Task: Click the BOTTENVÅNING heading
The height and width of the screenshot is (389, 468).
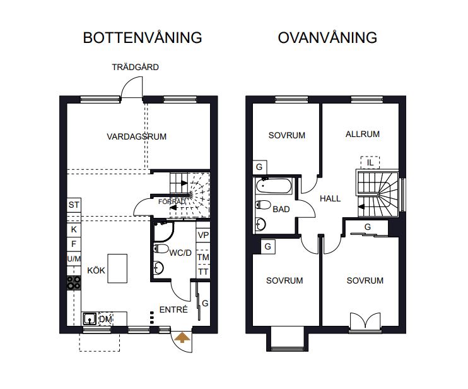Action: [x=143, y=37]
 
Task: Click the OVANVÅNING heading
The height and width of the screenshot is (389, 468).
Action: [x=327, y=38]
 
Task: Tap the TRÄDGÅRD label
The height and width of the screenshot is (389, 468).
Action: [x=135, y=67]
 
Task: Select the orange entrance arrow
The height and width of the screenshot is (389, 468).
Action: [x=182, y=337]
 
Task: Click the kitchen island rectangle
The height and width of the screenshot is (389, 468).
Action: [x=117, y=268]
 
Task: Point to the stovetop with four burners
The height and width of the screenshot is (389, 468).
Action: [x=74, y=283]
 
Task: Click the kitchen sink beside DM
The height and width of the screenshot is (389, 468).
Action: [x=89, y=319]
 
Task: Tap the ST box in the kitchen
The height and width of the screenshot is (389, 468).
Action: [x=74, y=205]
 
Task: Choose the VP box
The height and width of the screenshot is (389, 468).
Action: [x=203, y=235]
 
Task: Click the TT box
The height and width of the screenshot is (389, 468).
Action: [x=203, y=272]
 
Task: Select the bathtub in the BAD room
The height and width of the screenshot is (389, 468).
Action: [x=274, y=186]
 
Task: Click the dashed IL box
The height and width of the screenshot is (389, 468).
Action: [x=370, y=162]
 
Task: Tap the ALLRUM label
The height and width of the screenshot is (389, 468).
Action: [x=363, y=134]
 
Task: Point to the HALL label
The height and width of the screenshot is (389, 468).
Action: [x=330, y=198]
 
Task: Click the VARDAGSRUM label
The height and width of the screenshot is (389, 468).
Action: [x=137, y=136]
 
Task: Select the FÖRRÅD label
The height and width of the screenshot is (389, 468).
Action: [x=172, y=201]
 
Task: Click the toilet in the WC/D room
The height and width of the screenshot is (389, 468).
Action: [x=161, y=249]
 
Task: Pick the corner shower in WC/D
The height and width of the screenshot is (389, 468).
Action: [x=163, y=232]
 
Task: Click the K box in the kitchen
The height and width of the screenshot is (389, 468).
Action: [x=74, y=229]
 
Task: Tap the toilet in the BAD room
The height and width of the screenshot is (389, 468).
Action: [x=263, y=205]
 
